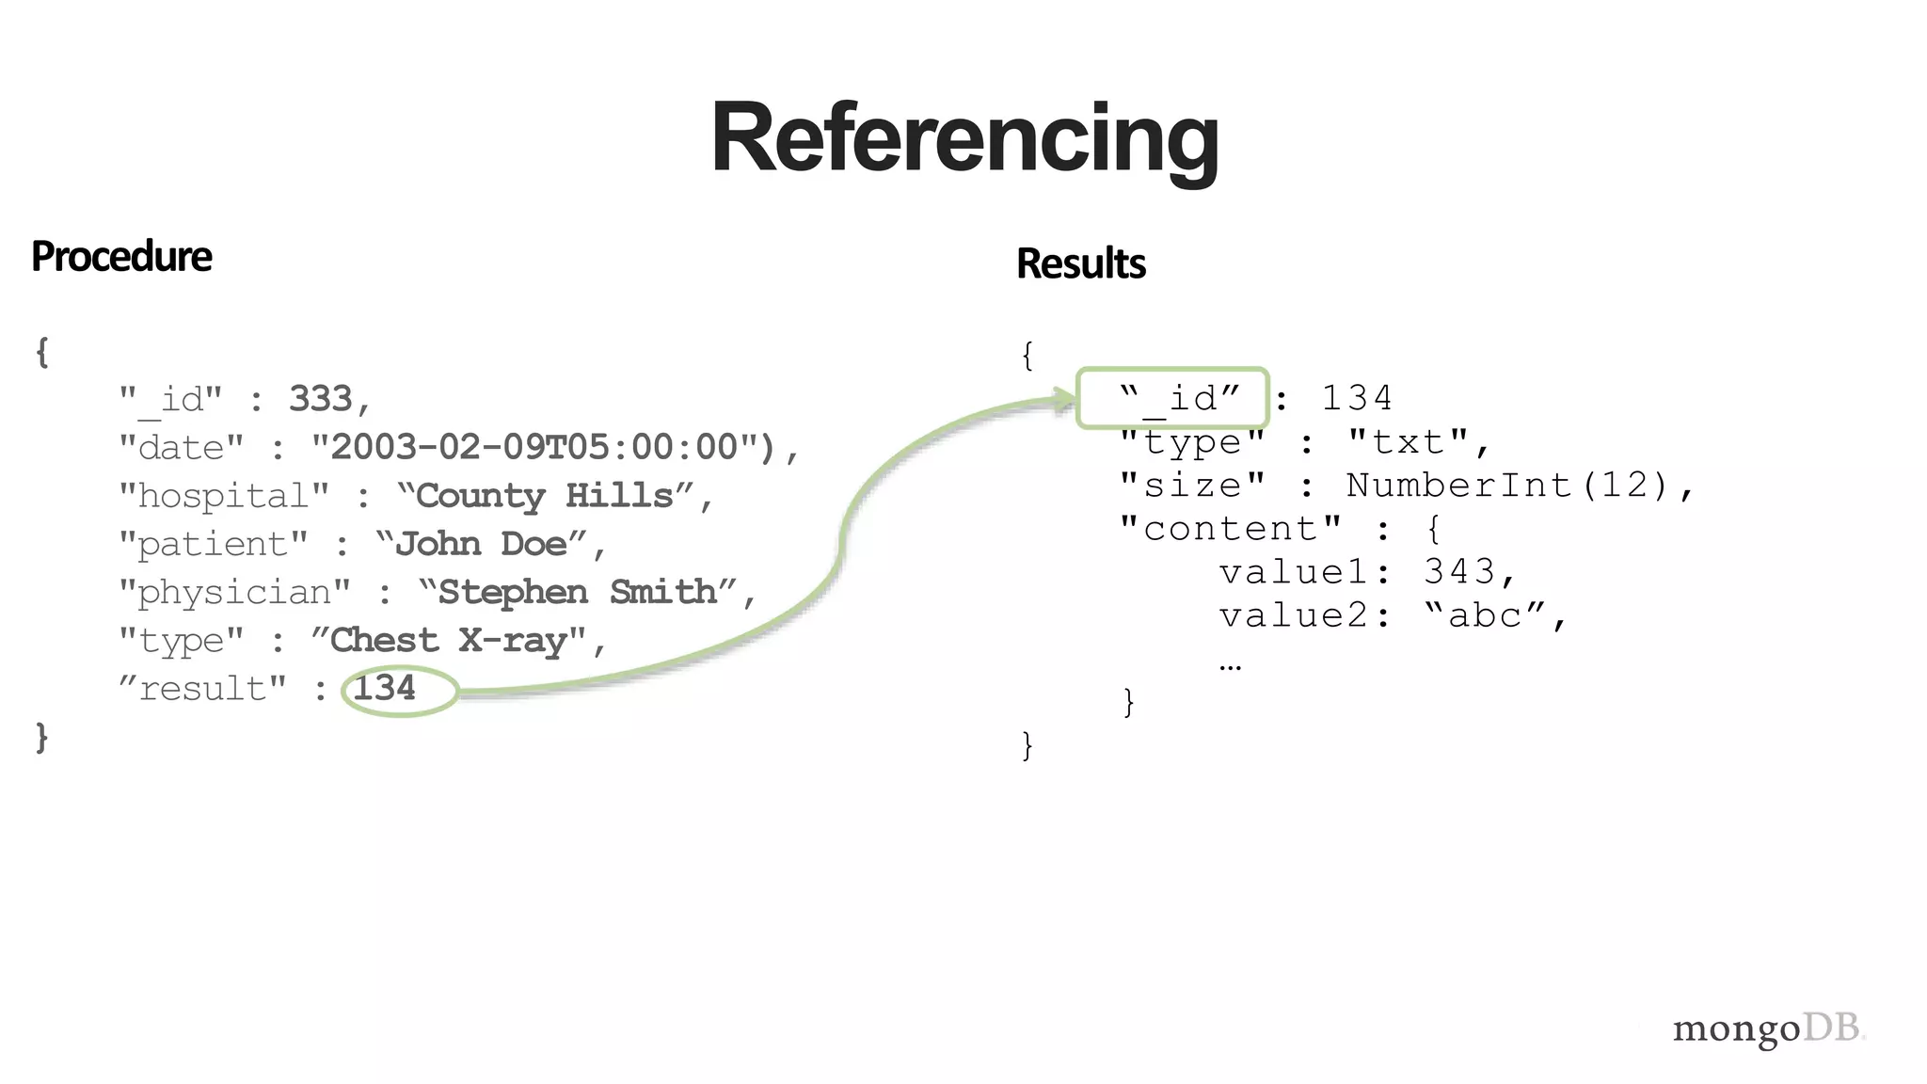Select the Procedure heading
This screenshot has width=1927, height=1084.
click(x=121, y=257)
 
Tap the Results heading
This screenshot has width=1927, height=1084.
click(x=1081, y=263)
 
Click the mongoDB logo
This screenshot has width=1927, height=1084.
click(x=1768, y=1028)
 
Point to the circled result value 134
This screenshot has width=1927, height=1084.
click(x=384, y=689)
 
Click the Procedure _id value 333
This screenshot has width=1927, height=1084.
click(x=321, y=399)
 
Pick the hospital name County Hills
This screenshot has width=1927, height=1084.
click(x=545, y=496)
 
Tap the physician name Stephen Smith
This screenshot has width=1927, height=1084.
click(x=578, y=592)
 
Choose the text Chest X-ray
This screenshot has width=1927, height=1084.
click(x=448, y=641)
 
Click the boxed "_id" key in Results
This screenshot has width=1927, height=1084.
click(x=1179, y=398)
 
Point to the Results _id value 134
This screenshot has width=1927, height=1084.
click(x=1356, y=398)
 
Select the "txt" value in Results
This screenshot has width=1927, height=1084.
click(x=1408, y=442)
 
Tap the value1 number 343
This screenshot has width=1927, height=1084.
click(x=1458, y=572)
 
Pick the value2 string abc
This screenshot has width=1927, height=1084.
click(x=1485, y=615)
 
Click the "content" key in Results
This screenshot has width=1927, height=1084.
click(x=1230, y=529)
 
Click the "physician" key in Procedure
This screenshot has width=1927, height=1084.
click(x=234, y=593)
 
